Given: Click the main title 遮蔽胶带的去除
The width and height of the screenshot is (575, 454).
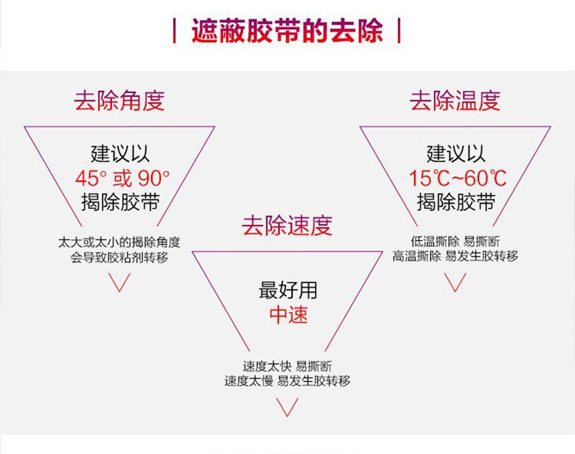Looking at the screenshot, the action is tap(287, 31).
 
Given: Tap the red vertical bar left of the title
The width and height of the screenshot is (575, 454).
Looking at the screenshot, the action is tap(174, 31).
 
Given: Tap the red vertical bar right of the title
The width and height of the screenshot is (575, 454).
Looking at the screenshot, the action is tap(399, 31).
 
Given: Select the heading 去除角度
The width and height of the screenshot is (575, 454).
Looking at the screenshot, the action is tap(119, 100).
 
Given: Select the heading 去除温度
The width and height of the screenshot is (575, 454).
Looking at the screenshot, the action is tap(455, 100).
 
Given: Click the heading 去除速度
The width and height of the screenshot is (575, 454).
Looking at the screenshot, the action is tap(287, 226).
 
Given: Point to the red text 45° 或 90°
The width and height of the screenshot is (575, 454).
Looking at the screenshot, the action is tap(122, 178).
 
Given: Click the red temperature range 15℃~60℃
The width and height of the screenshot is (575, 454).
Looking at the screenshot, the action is tap(457, 178).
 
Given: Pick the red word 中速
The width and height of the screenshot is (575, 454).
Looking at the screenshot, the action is tap(288, 315).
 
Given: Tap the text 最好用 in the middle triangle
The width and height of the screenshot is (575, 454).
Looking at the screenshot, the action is tap(288, 290).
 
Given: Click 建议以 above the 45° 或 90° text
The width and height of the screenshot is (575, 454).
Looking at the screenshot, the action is tap(120, 154).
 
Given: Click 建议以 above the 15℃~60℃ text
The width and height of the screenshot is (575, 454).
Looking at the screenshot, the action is tap(456, 154).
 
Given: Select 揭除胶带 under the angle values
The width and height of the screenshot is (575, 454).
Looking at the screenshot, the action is tap(120, 202).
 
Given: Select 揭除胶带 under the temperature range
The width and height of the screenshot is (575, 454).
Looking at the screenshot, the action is tap(456, 202).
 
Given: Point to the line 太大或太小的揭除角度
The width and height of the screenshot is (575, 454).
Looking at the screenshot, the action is tap(119, 242).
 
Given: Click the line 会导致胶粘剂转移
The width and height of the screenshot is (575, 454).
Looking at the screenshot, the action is tap(119, 258).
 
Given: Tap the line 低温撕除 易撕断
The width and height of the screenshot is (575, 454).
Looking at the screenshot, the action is tap(455, 242).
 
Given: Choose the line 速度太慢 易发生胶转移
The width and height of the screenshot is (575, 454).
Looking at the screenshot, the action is tap(287, 381).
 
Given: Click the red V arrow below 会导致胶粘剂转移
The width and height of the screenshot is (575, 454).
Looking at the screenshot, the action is tap(119, 282).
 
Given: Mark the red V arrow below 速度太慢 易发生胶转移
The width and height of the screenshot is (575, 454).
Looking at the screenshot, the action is tap(287, 407).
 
